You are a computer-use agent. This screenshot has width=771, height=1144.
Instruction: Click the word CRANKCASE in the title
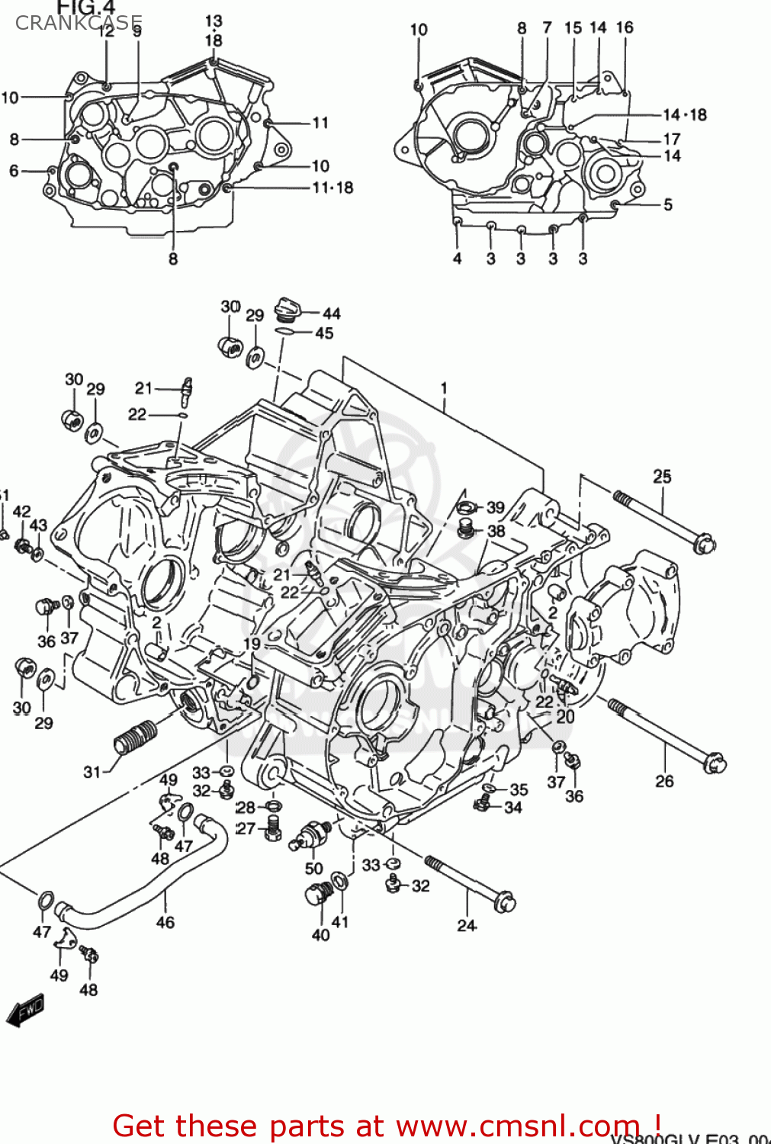79,23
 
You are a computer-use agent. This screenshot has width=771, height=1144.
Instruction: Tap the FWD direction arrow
25,1011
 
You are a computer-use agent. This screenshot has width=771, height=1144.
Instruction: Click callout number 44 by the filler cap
331,313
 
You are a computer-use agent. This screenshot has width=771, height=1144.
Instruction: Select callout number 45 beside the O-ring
324,333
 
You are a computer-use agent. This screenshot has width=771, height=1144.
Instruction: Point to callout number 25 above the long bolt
662,477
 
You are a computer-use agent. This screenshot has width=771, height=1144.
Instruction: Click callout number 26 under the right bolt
664,781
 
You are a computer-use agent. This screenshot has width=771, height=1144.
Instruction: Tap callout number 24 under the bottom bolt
467,925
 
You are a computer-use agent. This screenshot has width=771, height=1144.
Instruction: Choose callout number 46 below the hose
165,922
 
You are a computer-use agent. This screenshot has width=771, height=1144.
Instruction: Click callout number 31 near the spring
92,772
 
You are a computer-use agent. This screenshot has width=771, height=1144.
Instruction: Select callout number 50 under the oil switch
313,868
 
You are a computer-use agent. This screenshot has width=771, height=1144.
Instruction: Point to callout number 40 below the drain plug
320,934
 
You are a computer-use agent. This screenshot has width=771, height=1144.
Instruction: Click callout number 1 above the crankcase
444,388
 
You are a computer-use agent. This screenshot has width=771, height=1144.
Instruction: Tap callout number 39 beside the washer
496,507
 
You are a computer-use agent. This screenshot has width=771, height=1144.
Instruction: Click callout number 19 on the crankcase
252,644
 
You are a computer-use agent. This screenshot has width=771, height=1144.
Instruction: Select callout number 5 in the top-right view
668,204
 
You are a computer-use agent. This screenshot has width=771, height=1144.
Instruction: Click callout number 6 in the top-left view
14,171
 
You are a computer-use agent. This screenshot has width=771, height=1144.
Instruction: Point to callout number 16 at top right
625,27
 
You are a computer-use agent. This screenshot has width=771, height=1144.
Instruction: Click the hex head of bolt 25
703,544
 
